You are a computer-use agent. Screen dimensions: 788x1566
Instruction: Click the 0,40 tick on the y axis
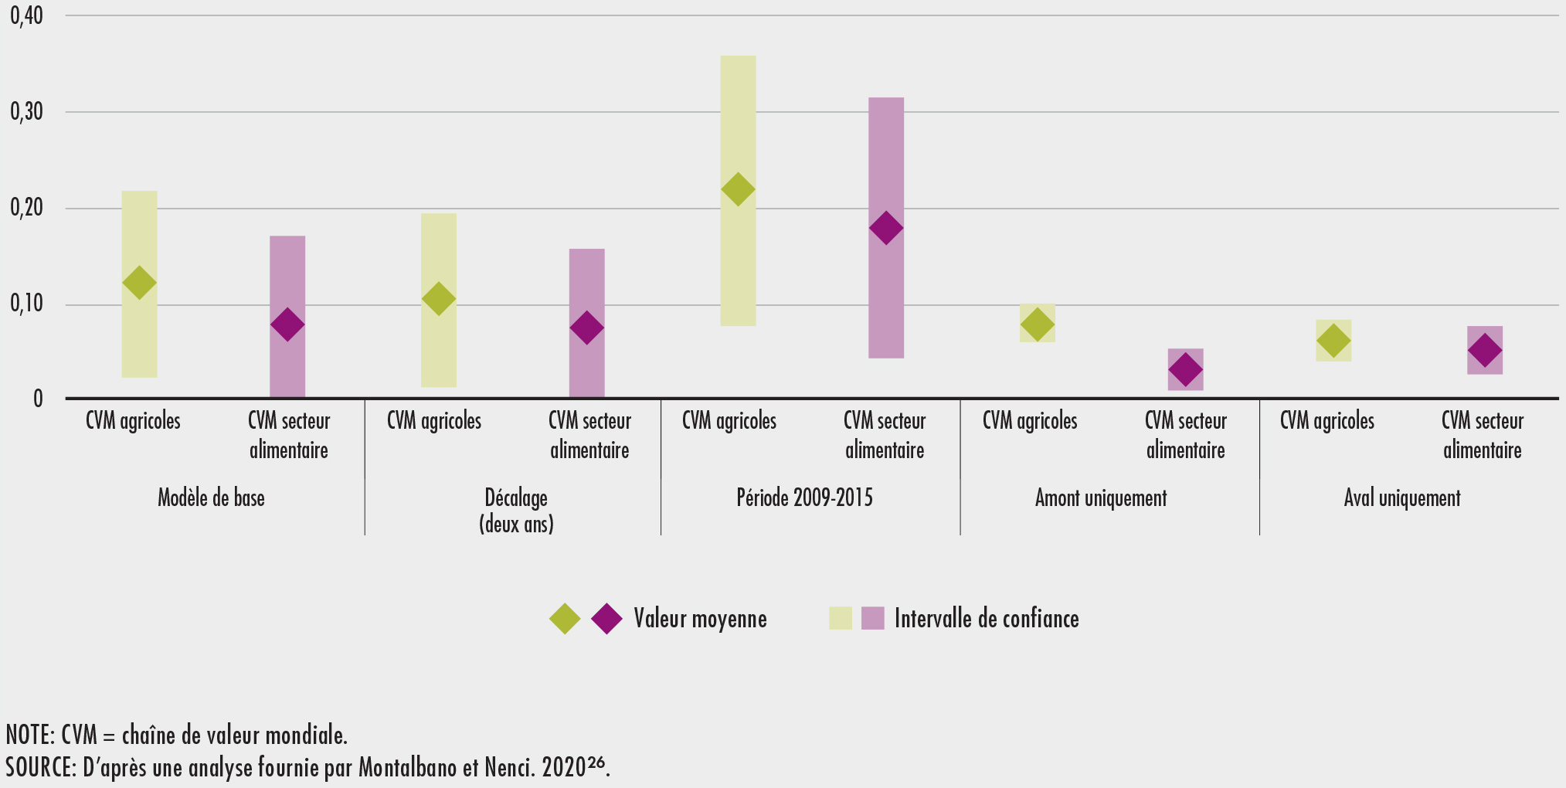tap(26, 15)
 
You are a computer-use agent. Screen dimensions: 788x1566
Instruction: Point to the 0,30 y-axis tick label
tap(26, 112)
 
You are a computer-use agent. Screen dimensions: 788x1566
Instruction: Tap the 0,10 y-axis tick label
tap(26, 304)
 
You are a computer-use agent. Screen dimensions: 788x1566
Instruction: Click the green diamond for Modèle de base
tap(139, 283)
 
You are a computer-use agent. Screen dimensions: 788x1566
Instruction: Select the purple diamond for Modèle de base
tap(287, 324)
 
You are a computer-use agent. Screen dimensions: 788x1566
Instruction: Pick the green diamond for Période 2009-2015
tap(738, 189)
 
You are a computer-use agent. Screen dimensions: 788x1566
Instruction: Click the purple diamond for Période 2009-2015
tap(886, 228)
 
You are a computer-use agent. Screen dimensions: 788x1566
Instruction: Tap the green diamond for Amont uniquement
tap(1037, 324)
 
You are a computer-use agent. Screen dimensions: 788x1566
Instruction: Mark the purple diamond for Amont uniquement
tap(1185, 369)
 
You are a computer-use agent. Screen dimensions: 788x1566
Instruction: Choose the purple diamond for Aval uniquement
tap(1485, 350)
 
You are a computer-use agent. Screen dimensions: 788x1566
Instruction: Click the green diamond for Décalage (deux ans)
tap(439, 299)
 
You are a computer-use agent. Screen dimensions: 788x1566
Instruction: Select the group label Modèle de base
tap(211, 498)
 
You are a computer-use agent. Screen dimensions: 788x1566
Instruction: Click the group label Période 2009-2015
tap(804, 498)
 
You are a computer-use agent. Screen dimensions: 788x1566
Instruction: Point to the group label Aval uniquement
tap(1401, 498)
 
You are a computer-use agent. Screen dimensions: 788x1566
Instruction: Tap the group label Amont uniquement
tap(1101, 498)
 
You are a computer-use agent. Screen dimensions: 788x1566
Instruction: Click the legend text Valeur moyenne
tap(700, 619)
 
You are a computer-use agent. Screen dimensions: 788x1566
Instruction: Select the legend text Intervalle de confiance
tap(987, 619)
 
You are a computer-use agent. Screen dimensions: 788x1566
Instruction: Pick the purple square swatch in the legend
tap(872, 618)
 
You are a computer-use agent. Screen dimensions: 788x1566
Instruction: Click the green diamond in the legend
tap(565, 619)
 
